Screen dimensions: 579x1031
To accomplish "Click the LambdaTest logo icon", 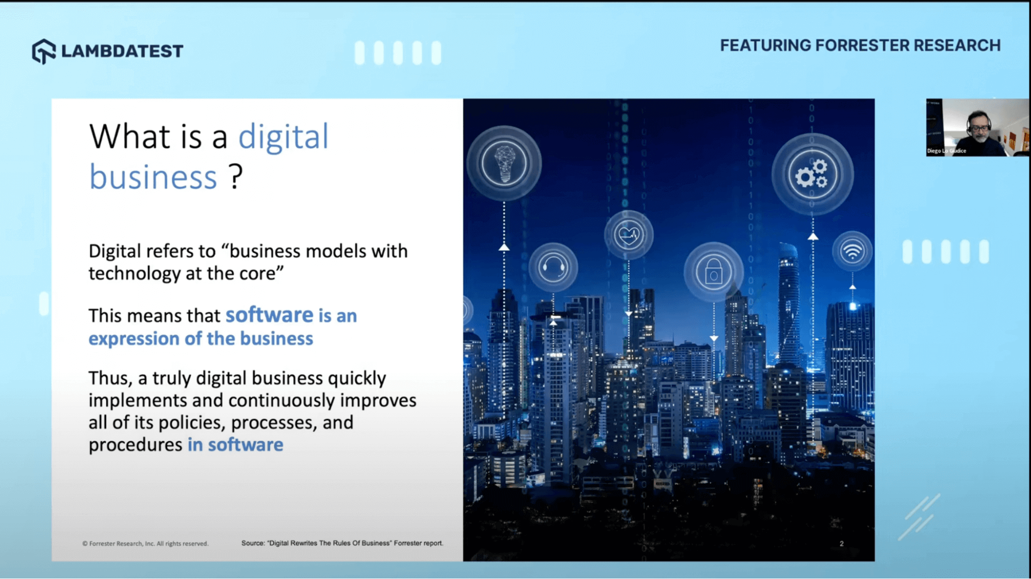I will [43, 51].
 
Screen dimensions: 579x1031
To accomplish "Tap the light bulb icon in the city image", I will [504, 163].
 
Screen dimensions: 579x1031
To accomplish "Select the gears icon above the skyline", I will [812, 174].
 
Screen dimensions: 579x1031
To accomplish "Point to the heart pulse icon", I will [628, 235].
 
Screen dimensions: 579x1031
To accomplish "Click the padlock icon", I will [713, 272].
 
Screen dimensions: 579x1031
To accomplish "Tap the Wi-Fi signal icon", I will [852, 252].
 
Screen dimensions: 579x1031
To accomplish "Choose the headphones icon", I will [553, 267].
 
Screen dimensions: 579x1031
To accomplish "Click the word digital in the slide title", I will [283, 137].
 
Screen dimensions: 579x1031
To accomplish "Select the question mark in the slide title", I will [236, 177].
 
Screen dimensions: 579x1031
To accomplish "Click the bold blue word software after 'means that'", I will [269, 315].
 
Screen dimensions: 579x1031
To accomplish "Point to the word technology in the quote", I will [135, 273].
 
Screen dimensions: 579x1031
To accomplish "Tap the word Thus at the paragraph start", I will [109, 378].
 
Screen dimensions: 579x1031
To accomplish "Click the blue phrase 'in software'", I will [235, 444].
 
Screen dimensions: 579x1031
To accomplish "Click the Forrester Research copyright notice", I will [145, 543].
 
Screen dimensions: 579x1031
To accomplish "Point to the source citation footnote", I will [342, 543].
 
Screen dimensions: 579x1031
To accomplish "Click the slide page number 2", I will [841, 543].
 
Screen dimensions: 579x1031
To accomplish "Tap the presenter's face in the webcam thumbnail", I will [977, 126].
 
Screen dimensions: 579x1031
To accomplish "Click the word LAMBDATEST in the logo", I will [122, 51].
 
